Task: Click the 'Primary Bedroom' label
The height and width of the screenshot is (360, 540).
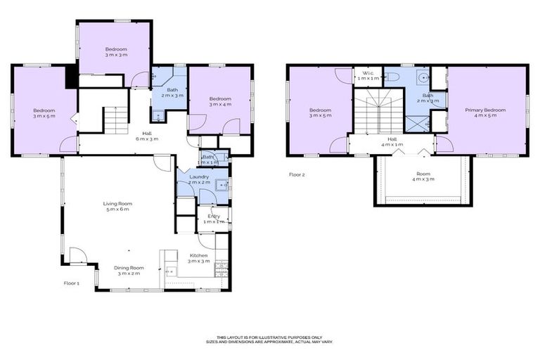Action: click(485, 112)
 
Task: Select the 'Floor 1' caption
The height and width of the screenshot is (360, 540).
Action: click(72, 283)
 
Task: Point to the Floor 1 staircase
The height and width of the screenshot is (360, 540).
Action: click(115, 120)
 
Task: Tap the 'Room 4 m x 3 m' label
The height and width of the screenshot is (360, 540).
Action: click(423, 176)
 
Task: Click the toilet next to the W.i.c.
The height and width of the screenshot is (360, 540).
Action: click(392, 75)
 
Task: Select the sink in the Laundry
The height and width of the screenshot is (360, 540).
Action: click(220, 185)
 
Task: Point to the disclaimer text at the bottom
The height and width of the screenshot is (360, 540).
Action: click(274, 340)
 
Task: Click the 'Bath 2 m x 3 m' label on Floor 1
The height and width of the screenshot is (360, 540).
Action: click(169, 92)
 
